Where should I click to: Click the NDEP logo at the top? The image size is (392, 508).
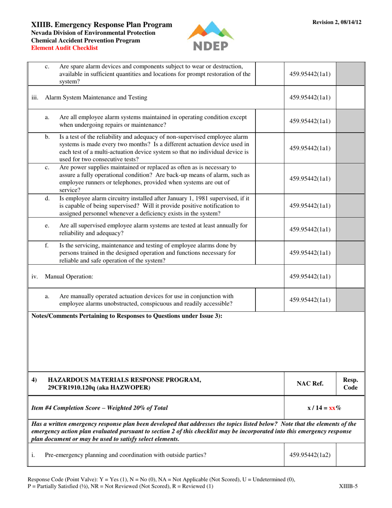tap(210, 36)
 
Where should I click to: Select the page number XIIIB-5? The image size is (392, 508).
tap(347, 486)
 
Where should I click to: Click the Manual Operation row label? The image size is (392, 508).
tap(69, 277)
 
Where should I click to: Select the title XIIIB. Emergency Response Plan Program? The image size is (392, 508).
tap(102, 25)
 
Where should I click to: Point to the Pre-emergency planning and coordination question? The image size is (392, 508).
tap(125, 455)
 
